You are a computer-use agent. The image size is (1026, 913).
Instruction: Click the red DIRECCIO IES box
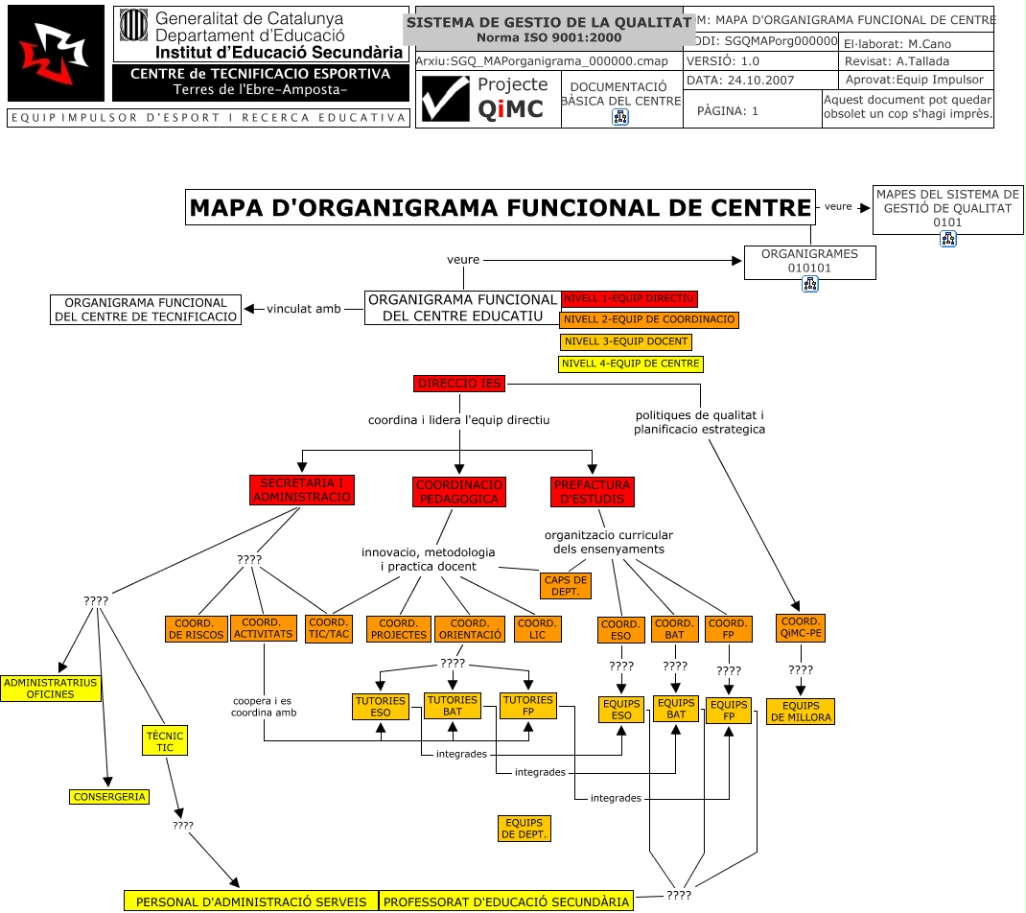point(458,384)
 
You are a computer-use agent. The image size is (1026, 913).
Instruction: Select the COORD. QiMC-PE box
point(801,628)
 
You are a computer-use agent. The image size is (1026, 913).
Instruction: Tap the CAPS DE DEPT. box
point(566,586)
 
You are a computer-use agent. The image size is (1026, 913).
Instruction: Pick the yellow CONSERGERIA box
point(109,796)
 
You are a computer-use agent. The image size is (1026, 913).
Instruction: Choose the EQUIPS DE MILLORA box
point(801,711)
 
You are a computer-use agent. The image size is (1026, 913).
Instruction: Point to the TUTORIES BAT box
point(452,706)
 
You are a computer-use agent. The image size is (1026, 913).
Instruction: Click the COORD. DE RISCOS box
point(196,628)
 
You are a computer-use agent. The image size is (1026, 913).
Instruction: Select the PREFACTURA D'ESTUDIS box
point(591,492)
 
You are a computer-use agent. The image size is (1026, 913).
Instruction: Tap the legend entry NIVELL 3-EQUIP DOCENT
point(625,341)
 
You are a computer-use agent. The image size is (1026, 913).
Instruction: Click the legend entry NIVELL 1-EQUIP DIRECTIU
point(629,298)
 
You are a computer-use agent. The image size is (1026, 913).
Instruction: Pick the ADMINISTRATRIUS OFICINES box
point(50,688)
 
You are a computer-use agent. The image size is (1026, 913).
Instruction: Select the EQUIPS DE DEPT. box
point(524,829)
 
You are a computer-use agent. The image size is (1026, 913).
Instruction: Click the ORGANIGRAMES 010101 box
point(809,262)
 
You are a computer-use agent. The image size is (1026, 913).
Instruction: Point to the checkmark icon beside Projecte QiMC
point(446,100)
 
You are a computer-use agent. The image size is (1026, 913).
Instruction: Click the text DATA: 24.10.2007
point(740,80)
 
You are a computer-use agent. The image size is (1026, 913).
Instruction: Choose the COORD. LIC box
point(536,628)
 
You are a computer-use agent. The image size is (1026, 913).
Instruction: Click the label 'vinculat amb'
point(303,309)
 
